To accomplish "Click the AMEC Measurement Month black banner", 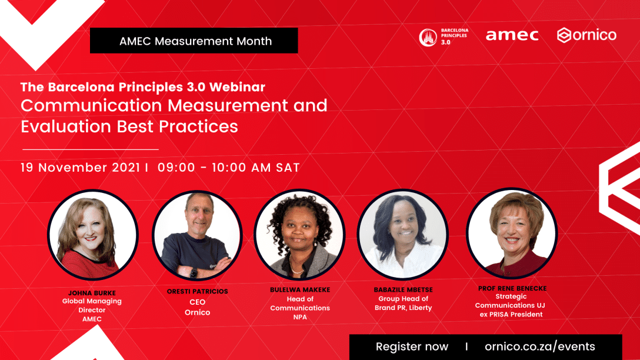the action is [194, 41].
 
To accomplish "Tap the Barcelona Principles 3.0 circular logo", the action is [428, 38].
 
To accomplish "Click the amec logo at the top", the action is [512, 35].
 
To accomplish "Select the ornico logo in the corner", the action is [586, 35].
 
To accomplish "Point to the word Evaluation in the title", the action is [66, 126].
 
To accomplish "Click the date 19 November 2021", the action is [81, 168].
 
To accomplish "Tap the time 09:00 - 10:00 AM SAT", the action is [229, 168].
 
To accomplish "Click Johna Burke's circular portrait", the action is [93, 235].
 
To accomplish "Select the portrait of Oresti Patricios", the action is [198, 235].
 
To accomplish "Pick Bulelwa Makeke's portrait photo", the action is [300, 234].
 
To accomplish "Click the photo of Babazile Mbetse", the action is [403, 234].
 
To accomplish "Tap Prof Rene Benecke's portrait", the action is [512, 233].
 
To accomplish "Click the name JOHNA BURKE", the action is [92, 293].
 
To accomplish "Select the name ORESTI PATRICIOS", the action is [198, 291].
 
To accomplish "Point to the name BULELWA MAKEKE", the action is [300, 290].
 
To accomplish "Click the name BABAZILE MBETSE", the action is [404, 290].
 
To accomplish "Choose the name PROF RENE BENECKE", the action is [512, 288].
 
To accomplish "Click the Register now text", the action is [412, 346].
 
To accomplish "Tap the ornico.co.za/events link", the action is [540, 346].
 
